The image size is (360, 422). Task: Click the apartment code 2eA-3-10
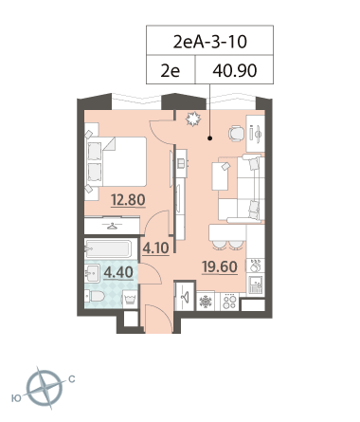pyautogui.click(x=209, y=42)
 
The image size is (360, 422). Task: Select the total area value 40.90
pyautogui.click(x=235, y=70)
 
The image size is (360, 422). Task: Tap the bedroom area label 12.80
pyautogui.click(x=128, y=200)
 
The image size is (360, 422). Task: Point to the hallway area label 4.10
pyautogui.click(x=155, y=248)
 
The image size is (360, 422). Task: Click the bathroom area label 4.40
pyautogui.click(x=118, y=272)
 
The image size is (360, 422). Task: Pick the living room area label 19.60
pyautogui.click(x=220, y=267)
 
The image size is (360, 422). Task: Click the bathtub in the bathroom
pyautogui.click(x=108, y=249)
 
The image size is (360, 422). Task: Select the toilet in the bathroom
pyautogui.click(x=95, y=297)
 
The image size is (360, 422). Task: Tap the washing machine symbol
pyautogui.click(x=130, y=298)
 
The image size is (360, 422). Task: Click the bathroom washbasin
pyautogui.click(x=92, y=273)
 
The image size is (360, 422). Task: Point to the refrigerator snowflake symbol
pyautogui.click(x=206, y=302)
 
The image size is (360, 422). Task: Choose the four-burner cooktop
pyautogui.click(x=229, y=302)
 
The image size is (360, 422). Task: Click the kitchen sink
pyautogui.click(x=255, y=284)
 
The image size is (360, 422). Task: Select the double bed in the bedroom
pyautogui.click(x=116, y=161)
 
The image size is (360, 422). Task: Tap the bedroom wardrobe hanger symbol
pyautogui.click(x=112, y=226)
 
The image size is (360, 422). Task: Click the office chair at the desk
pyautogui.click(x=236, y=134)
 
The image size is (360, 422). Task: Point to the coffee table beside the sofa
pyautogui.click(x=221, y=176)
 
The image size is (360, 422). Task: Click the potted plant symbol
pyautogui.click(x=193, y=119)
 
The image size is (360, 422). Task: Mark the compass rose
pyautogui.click(x=45, y=388)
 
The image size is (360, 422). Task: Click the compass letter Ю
pyautogui.click(x=16, y=398)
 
